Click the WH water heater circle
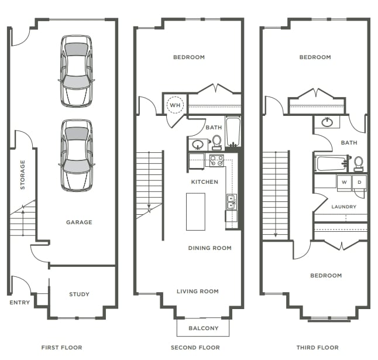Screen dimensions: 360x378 (175, 105)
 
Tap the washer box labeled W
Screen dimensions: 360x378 (344, 182)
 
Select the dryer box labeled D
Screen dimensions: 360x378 (359, 182)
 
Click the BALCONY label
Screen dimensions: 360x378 (204, 328)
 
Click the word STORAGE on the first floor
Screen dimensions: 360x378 (23, 174)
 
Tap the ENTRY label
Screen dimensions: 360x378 (19, 303)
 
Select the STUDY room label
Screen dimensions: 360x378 (79, 294)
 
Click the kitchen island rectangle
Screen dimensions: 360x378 (195, 211)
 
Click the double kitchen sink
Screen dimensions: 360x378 (231, 202)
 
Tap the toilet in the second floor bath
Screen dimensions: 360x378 (217, 142)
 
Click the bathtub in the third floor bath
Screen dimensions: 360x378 (331, 162)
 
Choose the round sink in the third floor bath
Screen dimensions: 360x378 (328, 122)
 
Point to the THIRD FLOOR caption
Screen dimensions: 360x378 (317, 348)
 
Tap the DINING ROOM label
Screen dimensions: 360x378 (209, 248)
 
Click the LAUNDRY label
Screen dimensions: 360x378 (343, 207)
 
